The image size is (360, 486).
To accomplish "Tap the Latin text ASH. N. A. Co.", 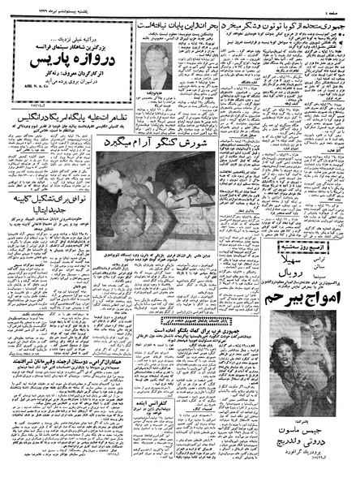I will [26, 81].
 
